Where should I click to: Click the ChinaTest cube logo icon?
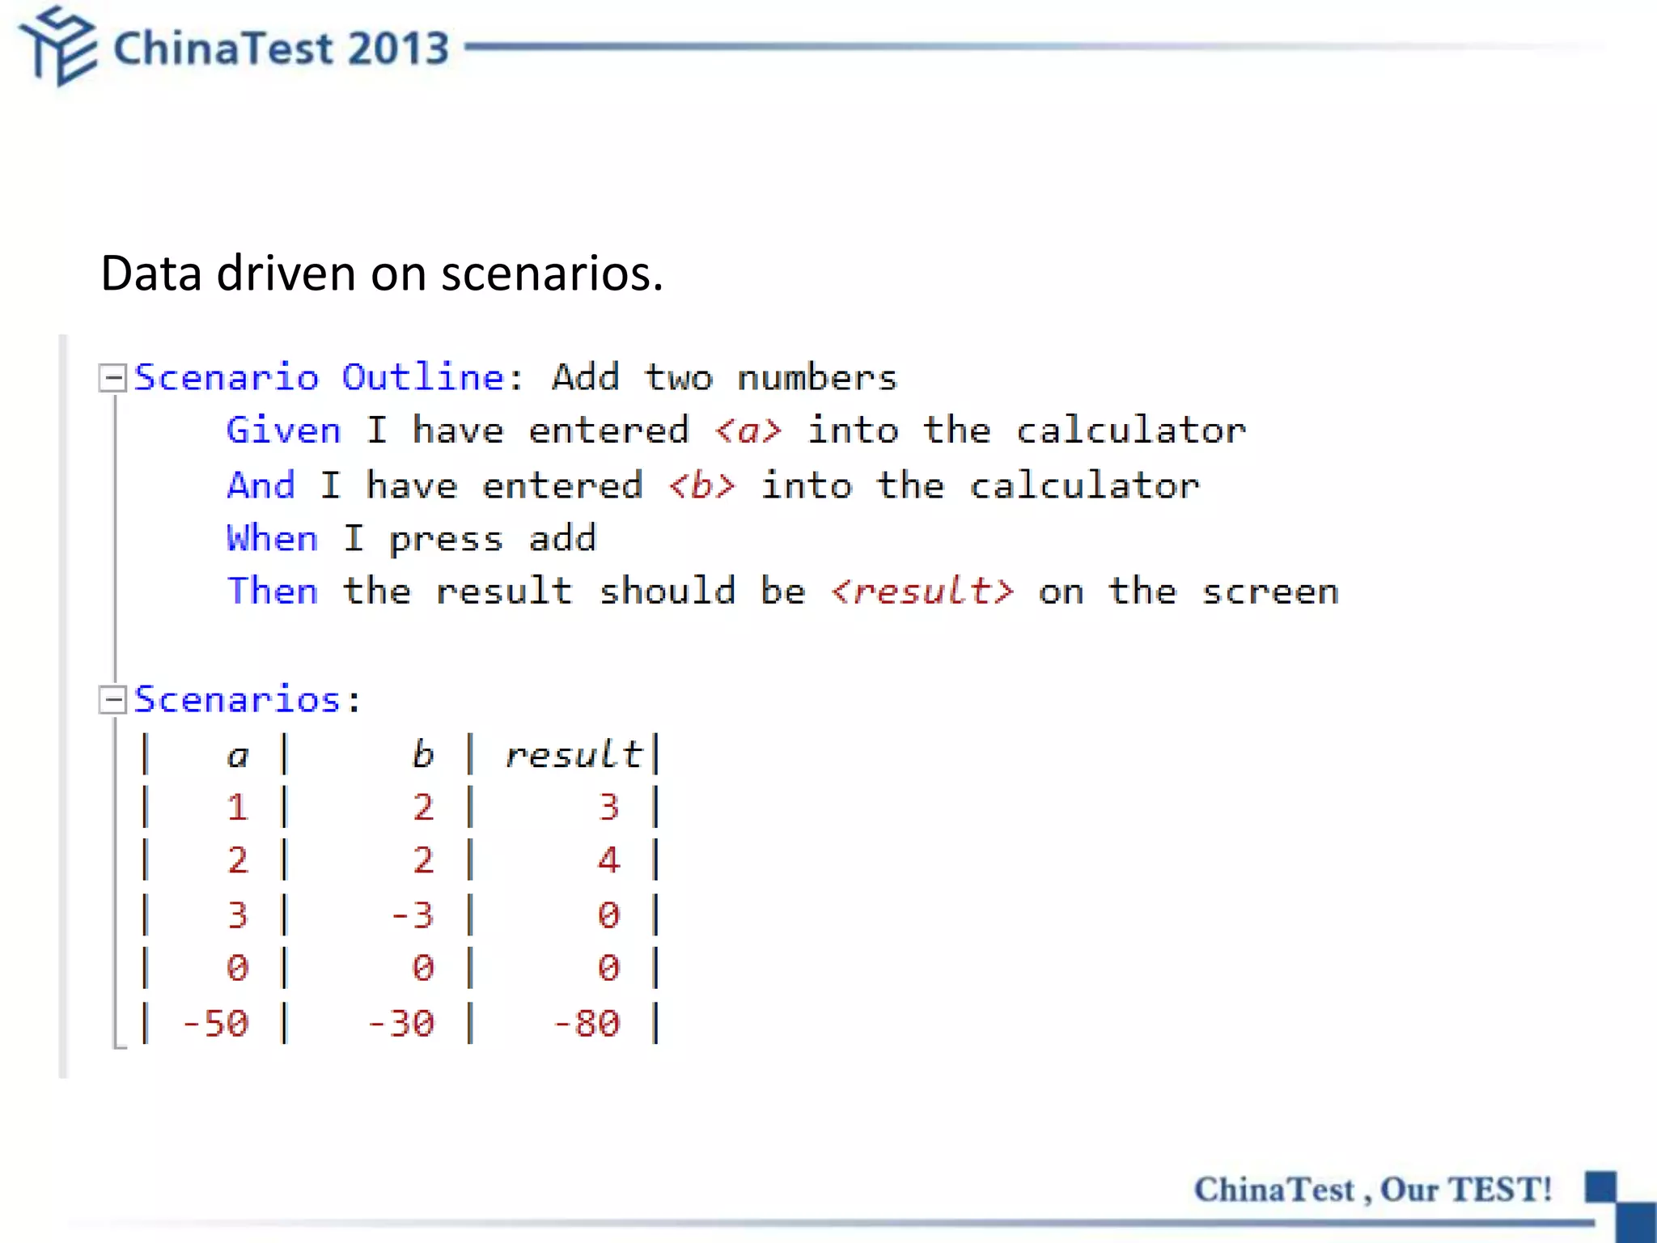(58, 46)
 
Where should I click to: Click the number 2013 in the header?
(399, 49)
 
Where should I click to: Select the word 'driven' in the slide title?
(286, 274)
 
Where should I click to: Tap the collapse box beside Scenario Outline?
(112, 378)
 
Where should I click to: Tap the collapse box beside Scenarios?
(112, 700)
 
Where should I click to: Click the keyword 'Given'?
(283, 431)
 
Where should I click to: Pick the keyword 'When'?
(272, 539)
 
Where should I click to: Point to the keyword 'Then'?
(272, 592)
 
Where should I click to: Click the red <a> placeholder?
(748, 431)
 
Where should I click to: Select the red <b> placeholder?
(701, 486)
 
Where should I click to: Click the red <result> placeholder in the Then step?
(922, 592)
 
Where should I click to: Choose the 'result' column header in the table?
(574, 755)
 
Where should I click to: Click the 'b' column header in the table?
(422, 755)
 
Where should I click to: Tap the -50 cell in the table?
(215, 1024)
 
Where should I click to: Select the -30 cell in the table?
(401, 1024)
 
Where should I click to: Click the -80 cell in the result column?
(587, 1024)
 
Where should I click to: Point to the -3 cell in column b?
(413, 915)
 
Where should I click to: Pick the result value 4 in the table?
(608, 860)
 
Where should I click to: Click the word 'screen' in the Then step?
(1270, 592)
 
